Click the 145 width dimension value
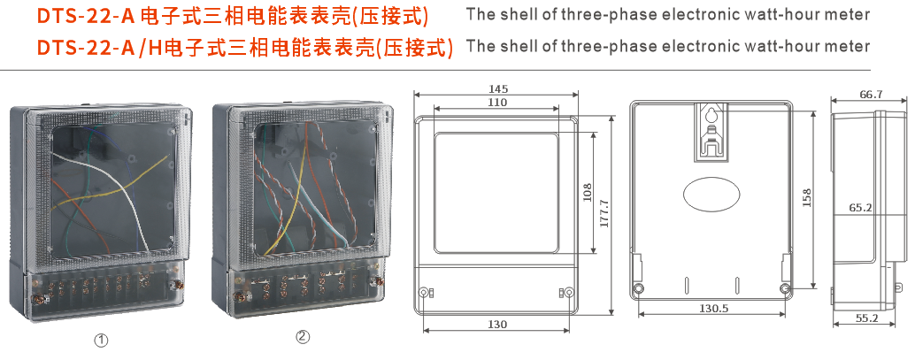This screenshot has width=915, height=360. point(497,89)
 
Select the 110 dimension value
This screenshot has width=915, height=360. point(496,103)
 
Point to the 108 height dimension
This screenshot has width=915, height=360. point(587,192)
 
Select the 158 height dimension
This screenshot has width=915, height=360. point(806,197)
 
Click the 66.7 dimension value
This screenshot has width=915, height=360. point(871,95)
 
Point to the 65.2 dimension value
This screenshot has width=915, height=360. point(861,208)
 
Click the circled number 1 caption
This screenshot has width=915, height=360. point(102,339)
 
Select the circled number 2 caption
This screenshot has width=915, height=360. point(303,336)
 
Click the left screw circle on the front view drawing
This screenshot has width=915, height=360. point(426,293)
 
